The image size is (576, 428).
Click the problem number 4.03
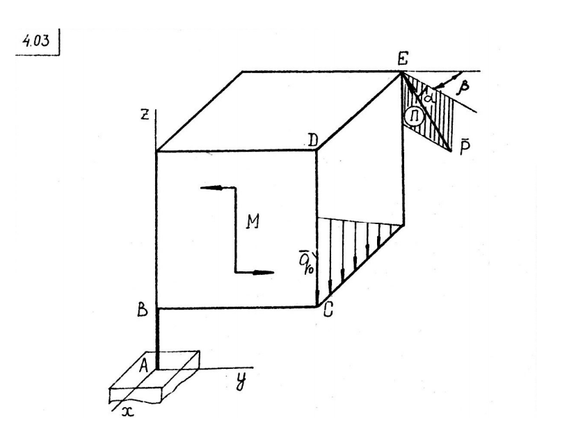[35, 40]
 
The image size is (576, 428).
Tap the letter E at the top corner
[403, 58]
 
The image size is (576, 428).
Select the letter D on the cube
[312, 141]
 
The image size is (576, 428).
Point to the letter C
[328, 310]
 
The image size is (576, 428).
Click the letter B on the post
[143, 310]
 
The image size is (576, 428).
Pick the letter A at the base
[144, 365]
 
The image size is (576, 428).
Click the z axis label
[145, 115]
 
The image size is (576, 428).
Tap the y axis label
[241, 383]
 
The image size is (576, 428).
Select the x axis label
[127, 412]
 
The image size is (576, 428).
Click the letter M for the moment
[253, 221]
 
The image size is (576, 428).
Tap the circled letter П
[414, 117]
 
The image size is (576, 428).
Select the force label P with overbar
[464, 148]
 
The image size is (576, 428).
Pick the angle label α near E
[426, 97]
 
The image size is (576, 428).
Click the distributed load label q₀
[306, 262]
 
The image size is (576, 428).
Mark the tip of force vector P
[451, 150]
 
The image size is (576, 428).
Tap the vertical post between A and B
[158, 338]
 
